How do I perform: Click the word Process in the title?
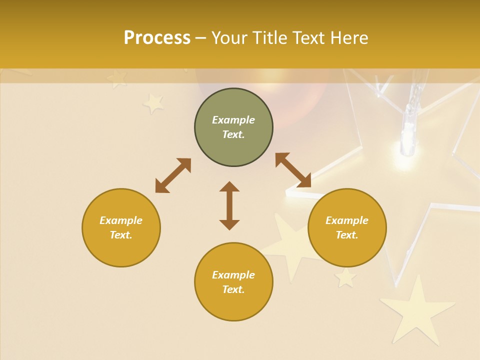[157, 38]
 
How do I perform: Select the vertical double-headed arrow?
[229, 205]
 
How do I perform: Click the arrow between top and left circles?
[173, 175]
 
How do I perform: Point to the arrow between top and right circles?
[293, 170]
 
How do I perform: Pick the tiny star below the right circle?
[345, 277]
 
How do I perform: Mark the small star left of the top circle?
[153, 103]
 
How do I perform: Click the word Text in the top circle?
[233, 134]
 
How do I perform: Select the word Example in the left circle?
[121, 220]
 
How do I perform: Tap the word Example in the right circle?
[347, 220]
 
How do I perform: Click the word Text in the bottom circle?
[233, 289]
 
